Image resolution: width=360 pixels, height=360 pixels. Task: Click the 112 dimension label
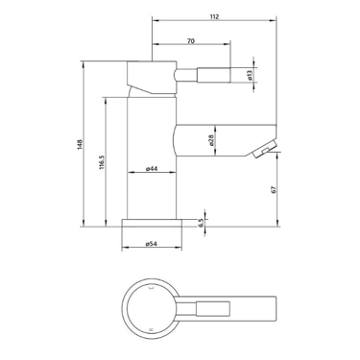(x=215, y=16)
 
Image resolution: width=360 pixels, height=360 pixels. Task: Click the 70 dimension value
(x=191, y=41)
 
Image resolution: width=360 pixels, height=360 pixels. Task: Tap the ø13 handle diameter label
(x=250, y=75)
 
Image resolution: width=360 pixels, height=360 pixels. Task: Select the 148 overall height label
(x=80, y=144)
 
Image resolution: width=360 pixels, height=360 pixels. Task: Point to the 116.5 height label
(x=102, y=162)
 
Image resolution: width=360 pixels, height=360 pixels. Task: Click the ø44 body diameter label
(x=152, y=169)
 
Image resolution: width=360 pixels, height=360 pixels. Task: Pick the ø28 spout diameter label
(x=210, y=140)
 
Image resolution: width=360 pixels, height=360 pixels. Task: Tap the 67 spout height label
(x=273, y=189)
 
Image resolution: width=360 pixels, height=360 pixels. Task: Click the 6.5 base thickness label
(x=201, y=223)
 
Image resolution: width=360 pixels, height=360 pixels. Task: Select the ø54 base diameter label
(x=152, y=244)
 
